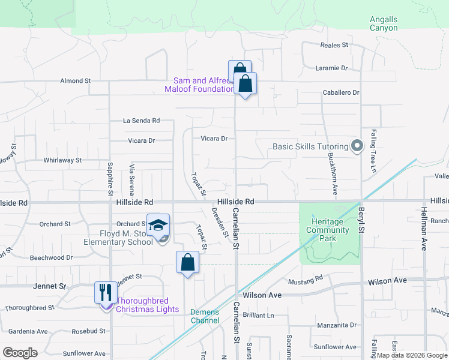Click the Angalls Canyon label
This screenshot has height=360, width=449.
click(x=384, y=23)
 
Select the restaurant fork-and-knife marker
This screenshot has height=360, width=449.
click(x=106, y=293)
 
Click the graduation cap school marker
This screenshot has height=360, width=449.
click(x=158, y=226)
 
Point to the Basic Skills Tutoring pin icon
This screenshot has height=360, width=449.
click(x=358, y=146)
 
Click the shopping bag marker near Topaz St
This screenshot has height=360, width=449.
click(x=188, y=262)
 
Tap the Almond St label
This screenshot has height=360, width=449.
click(x=75, y=80)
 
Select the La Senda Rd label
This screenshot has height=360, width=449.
click(x=142, y=121)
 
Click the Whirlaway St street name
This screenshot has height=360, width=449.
click(x=62, y=160)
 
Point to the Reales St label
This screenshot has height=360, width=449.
click(x=334, y=45)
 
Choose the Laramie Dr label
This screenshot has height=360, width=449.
click(x=332, y=68)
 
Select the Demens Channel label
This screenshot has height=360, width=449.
click(x=205, y=316)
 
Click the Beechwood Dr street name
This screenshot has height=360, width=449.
click(x=51, y=257)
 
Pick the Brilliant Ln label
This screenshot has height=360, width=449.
click(x=259, y=315)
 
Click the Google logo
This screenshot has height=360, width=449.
click(x=20, y=353)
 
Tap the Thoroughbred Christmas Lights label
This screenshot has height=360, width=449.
click(x=147, y=305)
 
